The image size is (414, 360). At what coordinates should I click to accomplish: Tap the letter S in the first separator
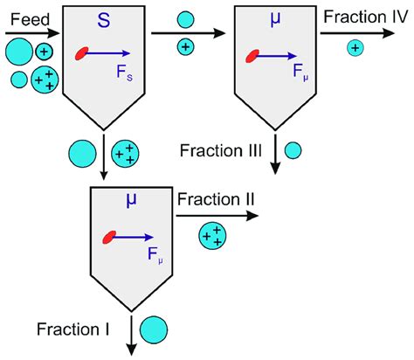click(103, 19)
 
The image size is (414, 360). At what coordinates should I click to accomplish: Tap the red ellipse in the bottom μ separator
click(110, 236)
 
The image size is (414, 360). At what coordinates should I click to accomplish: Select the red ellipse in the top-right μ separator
click(253, 58)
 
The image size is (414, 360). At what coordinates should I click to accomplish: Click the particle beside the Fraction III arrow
click(293, 150)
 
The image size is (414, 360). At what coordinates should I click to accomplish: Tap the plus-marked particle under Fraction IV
click(354, 49)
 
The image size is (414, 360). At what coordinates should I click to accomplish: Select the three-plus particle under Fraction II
click(211, 235)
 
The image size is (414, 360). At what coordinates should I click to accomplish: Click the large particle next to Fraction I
click(152, 329)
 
